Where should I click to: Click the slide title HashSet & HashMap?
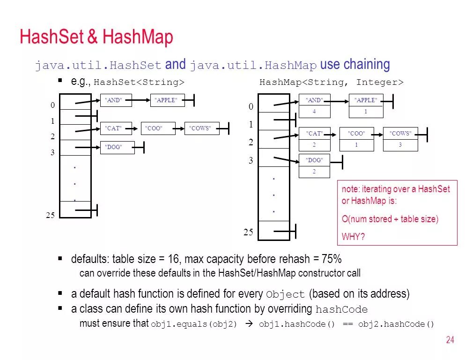[96, 37]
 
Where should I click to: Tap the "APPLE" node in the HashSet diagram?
[166, 100]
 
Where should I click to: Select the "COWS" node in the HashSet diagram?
[200, 128]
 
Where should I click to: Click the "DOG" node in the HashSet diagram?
[113, 147]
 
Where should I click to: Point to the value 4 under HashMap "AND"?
[314, 112]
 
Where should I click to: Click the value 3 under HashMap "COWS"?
[400, 145]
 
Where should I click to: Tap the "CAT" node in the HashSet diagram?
[113, 128]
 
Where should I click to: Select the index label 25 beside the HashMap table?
[248, 232]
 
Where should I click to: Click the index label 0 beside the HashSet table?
[53, 105]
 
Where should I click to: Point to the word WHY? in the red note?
[353, 237]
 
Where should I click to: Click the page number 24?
[450, 340]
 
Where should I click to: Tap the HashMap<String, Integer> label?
[331, 82]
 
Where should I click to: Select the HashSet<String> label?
[139, 82]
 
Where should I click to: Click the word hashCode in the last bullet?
[341, 310]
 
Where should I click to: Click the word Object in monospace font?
[285, 295]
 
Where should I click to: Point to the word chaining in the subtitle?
[367, 64]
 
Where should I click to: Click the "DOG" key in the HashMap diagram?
[314, 160]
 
